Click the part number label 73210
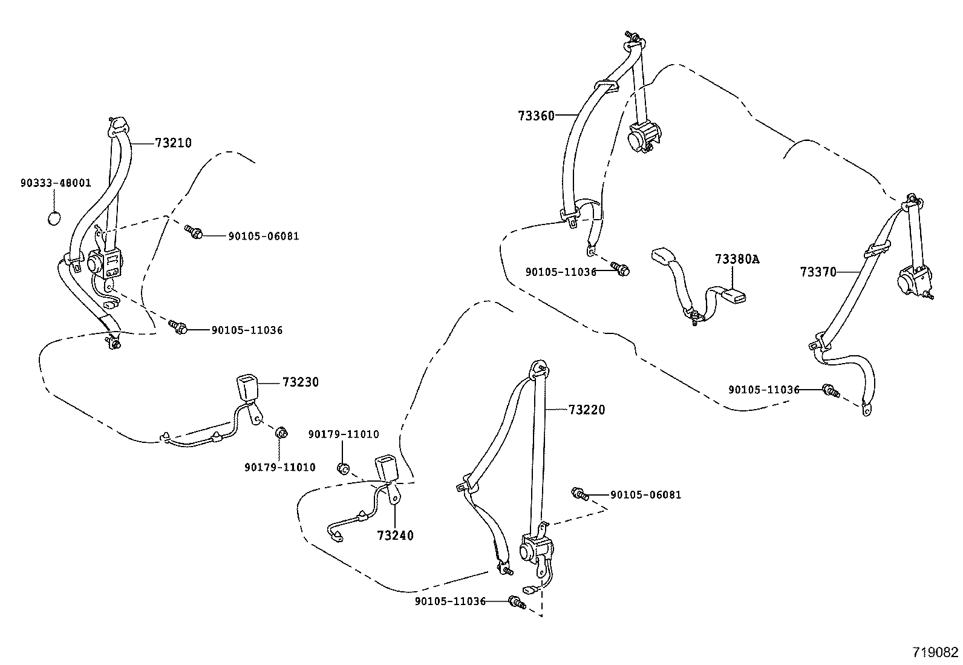tap(173, 143)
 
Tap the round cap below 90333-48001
tap(54, 218)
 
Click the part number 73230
tap(300, 382)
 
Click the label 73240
tap(395, 536)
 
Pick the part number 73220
tap(586, 410)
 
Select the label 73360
tap(536, 116)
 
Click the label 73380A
tap(737, 259)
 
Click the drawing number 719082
tap(935, 652)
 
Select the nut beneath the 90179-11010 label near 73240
tap(342, 468)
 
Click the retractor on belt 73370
tap(911, 281)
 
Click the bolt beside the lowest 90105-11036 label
tap(516, 601)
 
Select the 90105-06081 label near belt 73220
tap(645, 495)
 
